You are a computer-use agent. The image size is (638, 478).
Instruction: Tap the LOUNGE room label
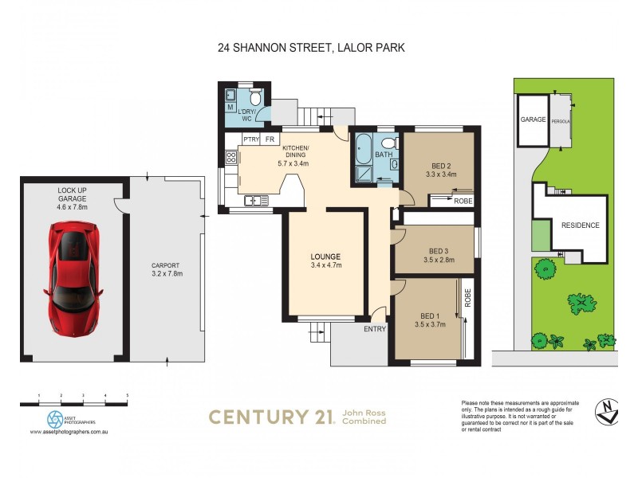pos(325,261)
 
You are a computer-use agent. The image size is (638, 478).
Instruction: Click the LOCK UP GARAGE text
pos(73,195)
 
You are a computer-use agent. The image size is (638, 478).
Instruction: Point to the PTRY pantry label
pos(251,139)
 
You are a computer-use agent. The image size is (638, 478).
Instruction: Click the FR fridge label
pos(270,139)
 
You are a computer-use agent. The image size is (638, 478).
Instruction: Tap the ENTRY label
pos(375,329)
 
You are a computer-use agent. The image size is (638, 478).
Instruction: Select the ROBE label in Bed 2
pos(463,201)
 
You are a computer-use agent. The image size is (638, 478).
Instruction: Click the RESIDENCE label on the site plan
pos(580,225)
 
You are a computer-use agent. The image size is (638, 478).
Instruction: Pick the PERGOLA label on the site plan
pos(561,119)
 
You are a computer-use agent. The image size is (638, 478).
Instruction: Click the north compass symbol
pos(608,411)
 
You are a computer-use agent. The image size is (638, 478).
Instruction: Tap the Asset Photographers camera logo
pos(55,418)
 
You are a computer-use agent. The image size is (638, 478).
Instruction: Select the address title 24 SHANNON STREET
pos(311,48)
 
